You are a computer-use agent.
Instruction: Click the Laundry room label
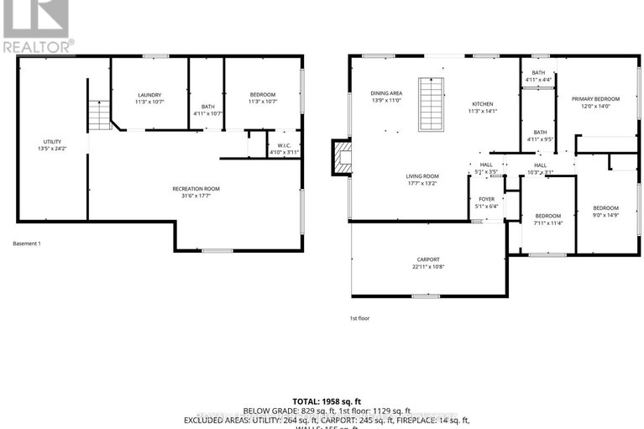tap(149, 95)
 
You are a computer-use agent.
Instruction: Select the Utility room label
tap(52, 141)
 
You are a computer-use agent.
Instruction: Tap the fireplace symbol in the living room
tap(343, 158)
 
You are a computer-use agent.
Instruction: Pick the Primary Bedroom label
tap(594, 99)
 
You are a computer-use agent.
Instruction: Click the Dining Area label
tap(387, 92)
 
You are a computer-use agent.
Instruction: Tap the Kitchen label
tap(484, 103)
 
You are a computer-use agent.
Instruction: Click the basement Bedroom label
tap(263, 95)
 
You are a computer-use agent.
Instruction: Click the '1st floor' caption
tap(359, 318)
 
